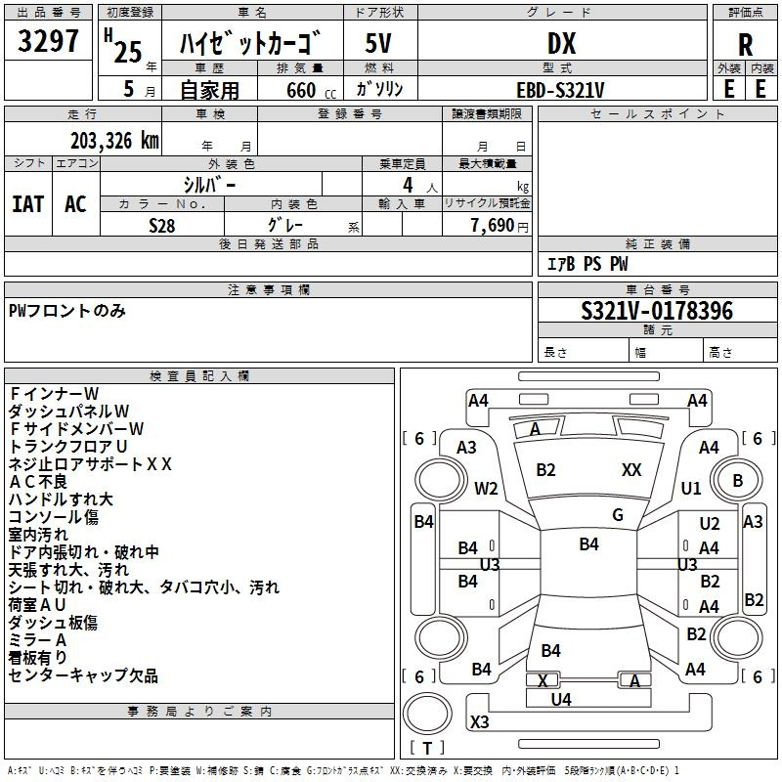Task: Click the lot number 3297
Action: [x=48, y=43]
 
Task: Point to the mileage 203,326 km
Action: [x=113, y=140]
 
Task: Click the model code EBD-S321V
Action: [x=560, y=89]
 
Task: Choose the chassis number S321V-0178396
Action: [x=657, y=312]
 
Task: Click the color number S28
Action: [x=162, y=225]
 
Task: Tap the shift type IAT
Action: [x=28, y=204]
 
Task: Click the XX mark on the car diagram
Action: [x=631, y=470]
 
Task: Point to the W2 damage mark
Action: [x=486, y=488]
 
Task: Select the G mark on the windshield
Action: [x=618, y=515]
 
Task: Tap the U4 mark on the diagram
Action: [x=561, y=699]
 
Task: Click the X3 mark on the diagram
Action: [x=480, y=722]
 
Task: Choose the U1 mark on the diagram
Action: [x=691, y=488]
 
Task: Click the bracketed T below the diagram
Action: [x=427, y=748]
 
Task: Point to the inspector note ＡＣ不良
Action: [x=38, y=482]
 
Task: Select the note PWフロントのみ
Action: [x=67, y=311]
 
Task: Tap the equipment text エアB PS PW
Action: [x=586, y=264]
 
